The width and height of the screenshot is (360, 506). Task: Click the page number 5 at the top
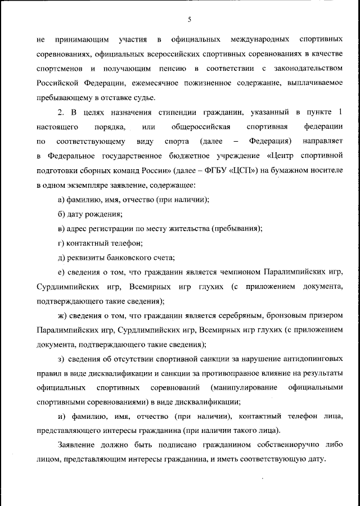pos(190,20)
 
